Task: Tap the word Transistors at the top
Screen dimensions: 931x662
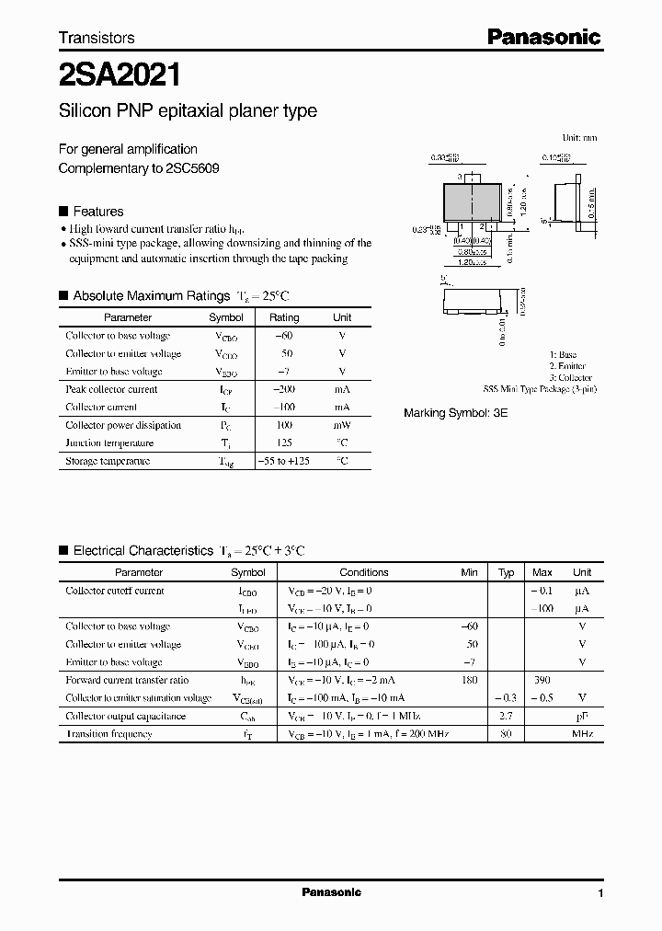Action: pos(97,38)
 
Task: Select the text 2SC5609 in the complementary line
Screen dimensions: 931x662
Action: pos(192,168)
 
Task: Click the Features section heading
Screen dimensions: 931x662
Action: pos(97,211)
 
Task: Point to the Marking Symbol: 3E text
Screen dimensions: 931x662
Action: pos(455,413)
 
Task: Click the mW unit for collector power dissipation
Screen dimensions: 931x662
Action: pos(342,425)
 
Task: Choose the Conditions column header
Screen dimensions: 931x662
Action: pos(364,572)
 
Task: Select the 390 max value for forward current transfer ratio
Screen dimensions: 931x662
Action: pos(542,680)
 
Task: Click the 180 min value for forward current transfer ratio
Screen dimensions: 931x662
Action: pos(470,680)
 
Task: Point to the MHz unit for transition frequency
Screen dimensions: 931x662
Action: pos(581,734)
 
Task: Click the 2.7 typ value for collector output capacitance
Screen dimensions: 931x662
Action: pos(506,716)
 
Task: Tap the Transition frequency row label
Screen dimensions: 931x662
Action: pos(108,734)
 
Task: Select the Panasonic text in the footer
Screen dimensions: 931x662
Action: pos(331,892)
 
